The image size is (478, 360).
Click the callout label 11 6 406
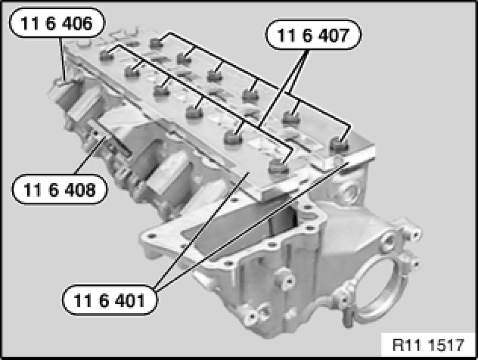click(57, 22)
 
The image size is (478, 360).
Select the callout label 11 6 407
click(314, 35)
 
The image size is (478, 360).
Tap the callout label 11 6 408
click(60, 190)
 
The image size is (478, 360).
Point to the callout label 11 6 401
click(110, 300)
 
